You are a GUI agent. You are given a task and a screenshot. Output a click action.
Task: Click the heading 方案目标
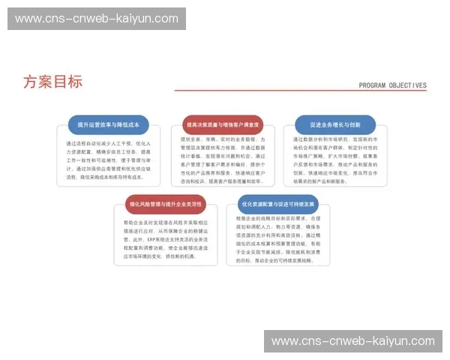52,82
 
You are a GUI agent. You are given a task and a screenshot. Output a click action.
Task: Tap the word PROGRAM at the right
372,85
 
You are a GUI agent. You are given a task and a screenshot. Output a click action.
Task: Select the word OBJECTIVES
406,85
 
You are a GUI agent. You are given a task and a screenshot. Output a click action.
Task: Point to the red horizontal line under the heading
300,91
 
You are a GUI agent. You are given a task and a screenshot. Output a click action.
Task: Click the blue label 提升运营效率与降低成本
109,124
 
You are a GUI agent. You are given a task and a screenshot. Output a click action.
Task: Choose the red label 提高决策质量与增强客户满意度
223,124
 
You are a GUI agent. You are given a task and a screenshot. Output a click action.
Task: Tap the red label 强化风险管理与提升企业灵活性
166,204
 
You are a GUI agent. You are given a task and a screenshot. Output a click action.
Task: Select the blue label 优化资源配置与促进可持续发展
278,204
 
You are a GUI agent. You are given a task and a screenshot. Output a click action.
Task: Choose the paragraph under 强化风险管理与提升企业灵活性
166,239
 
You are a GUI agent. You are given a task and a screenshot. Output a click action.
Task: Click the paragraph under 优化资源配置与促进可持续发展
278,239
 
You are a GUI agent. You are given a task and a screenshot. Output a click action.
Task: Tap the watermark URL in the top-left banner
96,19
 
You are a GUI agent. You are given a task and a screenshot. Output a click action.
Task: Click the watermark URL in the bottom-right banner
352,341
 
